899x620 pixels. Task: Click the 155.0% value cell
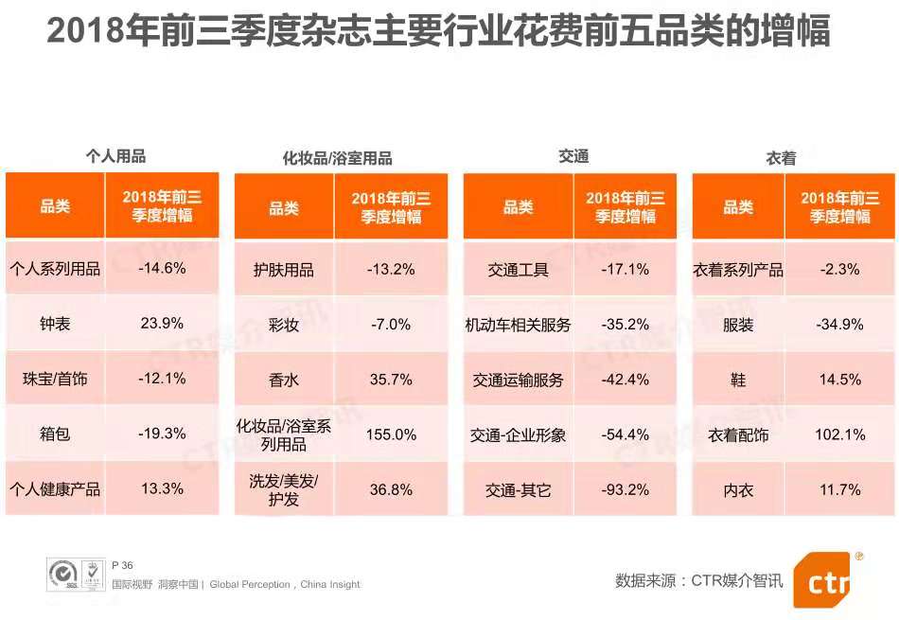coord(391,434)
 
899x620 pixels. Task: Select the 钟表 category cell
coord(55,324)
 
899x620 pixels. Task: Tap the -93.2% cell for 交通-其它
coord(625,489)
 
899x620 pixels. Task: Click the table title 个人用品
coord(115,156)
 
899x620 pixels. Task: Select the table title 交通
coord(573,156)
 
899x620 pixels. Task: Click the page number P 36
coord(122,565)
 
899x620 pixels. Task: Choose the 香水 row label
coord(284,380)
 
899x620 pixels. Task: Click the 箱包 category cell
coord(55,434)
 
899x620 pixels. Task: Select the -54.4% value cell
coord(625,434)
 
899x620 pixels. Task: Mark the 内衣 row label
coord(738,489)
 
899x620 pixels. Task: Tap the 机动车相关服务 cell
coord(518,325)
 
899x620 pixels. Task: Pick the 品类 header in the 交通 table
coord(518,207)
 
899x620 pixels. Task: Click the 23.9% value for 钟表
coord(162,324)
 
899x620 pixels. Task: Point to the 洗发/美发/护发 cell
coord(284,489)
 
